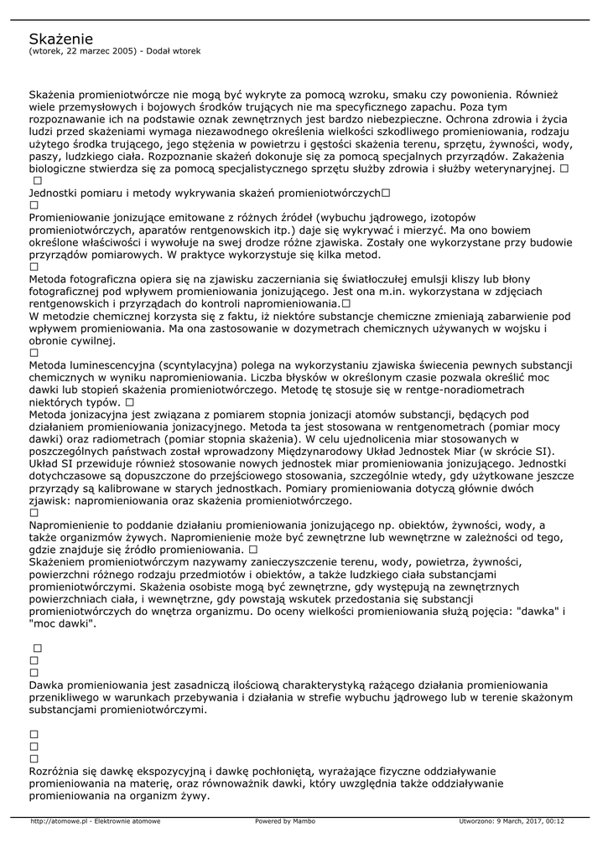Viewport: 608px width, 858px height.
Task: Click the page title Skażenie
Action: click(x=60, y=39)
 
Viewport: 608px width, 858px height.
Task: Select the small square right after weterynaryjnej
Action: click(x=564, y=168)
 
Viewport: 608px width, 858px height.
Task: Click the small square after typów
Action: click(x=130, y=402)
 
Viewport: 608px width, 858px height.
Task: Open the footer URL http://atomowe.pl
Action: click(x=60, y=821)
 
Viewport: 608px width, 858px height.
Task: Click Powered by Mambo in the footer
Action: click(x=285, y=821)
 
